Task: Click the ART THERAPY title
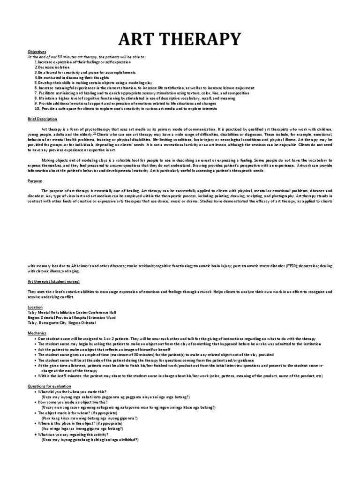[x=180, y=38]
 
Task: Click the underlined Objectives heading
[x=37, y=52]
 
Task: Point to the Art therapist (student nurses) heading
[x=53, y=281]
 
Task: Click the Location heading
[x=36, y=307]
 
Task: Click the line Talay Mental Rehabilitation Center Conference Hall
[x=72, y=312]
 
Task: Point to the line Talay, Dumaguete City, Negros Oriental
[x=62, y=322]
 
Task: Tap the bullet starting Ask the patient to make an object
[x=100, y=349]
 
